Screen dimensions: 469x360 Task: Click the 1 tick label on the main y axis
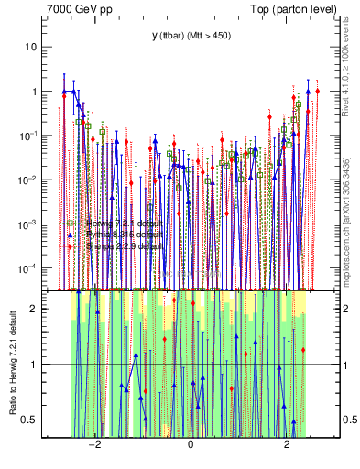[x=35, y=92]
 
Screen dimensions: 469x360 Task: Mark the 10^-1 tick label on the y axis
[x=29, y=136]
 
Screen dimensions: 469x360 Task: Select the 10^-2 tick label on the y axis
[x=29, y=180]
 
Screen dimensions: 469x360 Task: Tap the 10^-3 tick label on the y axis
[x=29, y=224]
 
